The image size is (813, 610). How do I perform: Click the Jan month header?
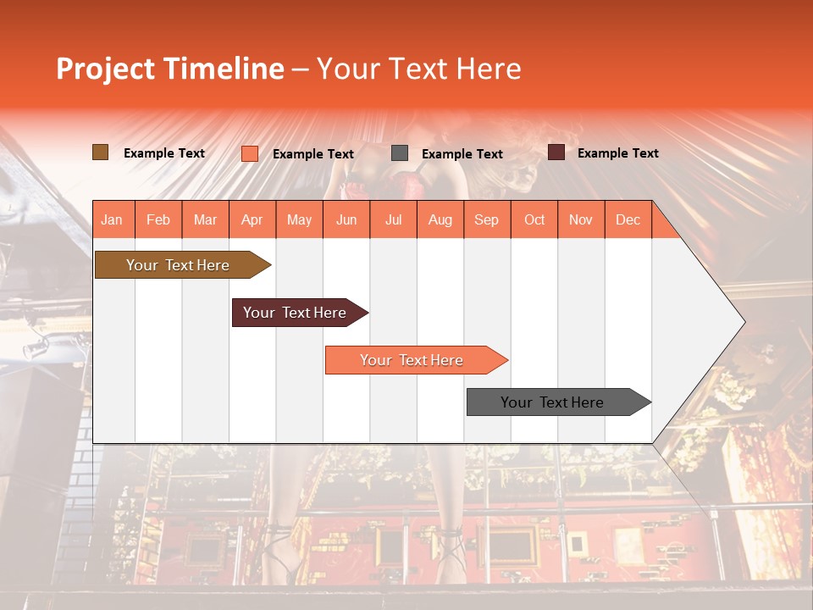[112, 220]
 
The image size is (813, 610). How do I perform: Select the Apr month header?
[252, 220]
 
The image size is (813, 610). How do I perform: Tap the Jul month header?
[393, 220]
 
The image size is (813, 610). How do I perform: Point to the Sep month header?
[486, 220]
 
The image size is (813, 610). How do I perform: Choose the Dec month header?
[628, 220]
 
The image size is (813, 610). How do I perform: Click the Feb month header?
[158, 220]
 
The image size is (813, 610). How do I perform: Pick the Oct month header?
[534, 220]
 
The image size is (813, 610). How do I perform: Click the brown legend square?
[101, 152]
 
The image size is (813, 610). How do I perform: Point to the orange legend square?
[250, 153]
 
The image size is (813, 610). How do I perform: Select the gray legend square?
[400, 153]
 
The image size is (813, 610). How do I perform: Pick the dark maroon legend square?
[556, 152]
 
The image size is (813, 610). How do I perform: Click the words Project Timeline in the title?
[170, 69]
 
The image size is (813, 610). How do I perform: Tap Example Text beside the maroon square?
[617, 153]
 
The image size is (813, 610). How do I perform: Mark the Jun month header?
[346, 220]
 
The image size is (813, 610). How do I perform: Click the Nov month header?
[581, 220]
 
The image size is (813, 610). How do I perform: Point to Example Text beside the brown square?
[164, 153]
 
